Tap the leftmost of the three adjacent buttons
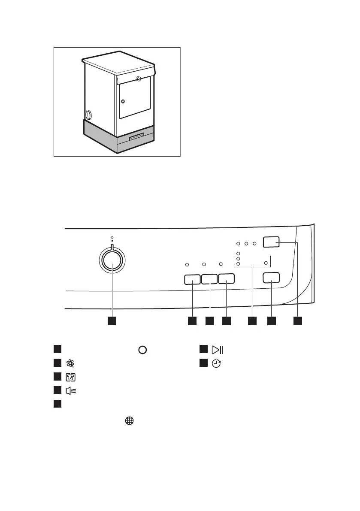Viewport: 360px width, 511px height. pyautogui.click(x=192, y=279)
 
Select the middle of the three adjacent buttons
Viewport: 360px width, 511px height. pyautogui.click(x=209, y=279)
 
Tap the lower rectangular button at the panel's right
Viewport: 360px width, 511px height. pyautogui.click(x=271, y=278)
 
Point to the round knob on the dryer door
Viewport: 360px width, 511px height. pyautogui.click(x=123, y=102)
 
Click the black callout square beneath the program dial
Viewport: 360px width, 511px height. pyautogui.click(x=112, y=321)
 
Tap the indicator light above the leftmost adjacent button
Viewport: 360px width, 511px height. pyautogui.click(x=188, y=264)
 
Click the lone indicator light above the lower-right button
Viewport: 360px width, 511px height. pyautogui.click(x=266, y=263)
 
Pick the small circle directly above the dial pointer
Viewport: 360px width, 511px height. pyautogui.click(x=112, y=237)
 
